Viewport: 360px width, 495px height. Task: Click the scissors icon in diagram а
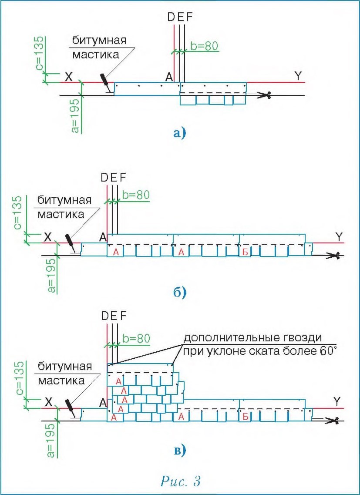pos(264,95)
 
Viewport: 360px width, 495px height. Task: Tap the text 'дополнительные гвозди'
pos(252,338)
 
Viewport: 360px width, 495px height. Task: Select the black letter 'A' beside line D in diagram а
pos(170,77)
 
